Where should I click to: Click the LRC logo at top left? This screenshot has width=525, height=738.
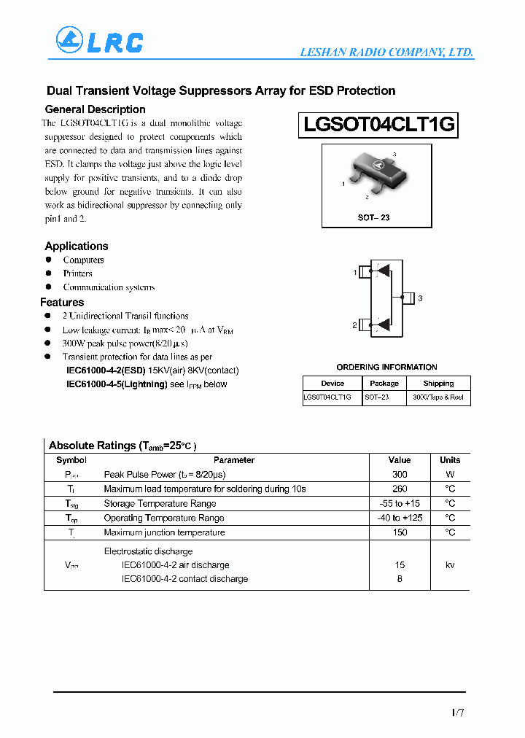[x=99, y=42]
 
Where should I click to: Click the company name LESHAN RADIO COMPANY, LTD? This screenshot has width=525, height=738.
[x=386, y=53]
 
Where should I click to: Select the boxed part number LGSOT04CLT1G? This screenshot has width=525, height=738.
[x=378, y=125]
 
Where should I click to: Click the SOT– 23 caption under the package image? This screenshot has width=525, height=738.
[x=373, y=218]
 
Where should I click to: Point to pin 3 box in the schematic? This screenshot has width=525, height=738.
[x=408, y=298]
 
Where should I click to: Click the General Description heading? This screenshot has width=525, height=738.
[x=96, y=109]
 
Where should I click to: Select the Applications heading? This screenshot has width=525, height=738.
[x=77, y=246]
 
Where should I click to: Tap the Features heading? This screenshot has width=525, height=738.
[x=62, y=303]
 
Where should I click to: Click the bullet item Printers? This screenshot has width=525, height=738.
[x=77, y=273]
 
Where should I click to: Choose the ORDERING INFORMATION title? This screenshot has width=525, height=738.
[x=386, y=367]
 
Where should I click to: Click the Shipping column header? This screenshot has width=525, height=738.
[x=438, y=383]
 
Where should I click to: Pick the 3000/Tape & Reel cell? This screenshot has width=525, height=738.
[x=438, y=397]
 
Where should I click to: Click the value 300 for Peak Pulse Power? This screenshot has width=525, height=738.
[x=400, y=475]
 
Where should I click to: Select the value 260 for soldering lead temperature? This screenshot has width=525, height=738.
[x=400, y=489]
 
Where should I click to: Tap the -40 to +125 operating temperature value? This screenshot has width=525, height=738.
[x=400, y=518]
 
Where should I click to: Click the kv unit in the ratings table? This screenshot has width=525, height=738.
[x=450, y=565]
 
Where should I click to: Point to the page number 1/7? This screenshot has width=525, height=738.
[x=456, y=712]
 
